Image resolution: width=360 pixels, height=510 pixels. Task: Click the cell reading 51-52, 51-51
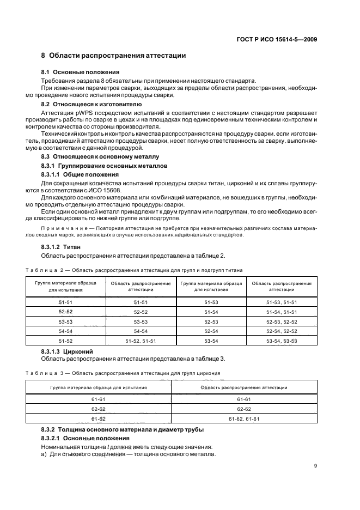141,341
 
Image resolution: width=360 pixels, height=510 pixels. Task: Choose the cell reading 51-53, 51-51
282,302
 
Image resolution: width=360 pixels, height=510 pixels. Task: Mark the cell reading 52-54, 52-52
282,331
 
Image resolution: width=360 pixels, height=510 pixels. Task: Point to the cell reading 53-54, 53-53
282,341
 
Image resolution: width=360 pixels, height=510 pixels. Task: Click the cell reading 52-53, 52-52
282,321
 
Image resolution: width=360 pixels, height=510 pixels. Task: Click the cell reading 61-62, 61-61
243,418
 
